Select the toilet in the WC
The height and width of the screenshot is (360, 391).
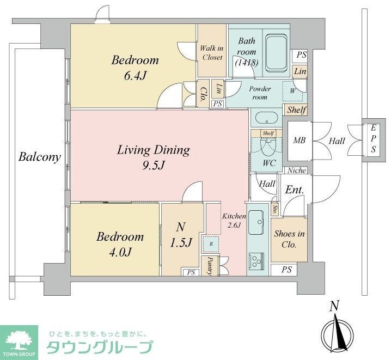tap(266, 145)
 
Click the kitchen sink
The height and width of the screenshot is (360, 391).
tap(255, 223)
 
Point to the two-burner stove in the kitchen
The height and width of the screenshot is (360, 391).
tap(255, 261)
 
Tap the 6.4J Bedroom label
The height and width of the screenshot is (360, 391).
tap(135, 68)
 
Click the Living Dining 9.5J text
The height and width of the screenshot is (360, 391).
tap(153, 156)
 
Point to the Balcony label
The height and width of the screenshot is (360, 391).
tap(39, 157)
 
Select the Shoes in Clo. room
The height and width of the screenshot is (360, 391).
tap(289, 239)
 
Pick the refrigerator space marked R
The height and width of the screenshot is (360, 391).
tap(211, 243)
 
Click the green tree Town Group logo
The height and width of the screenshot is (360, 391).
tap(19, 340)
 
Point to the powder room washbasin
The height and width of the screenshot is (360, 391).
tap(266, 117)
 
